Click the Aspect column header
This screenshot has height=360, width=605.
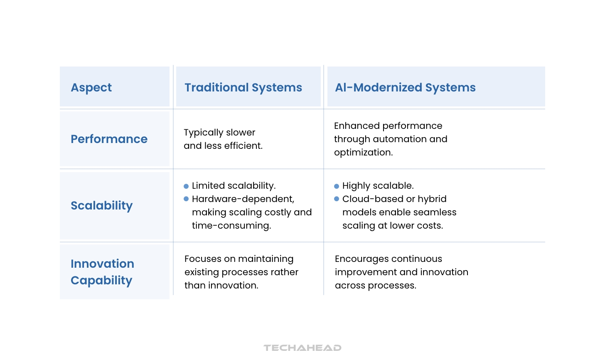[91, 87]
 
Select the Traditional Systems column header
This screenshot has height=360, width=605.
[243, 87]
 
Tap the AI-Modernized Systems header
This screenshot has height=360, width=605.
[405, 87]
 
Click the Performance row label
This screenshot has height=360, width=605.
[109, 139]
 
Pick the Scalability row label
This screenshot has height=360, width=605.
[101, 205]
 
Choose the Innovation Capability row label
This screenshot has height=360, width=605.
[102, 272]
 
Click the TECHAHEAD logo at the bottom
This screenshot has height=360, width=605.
[302, 348]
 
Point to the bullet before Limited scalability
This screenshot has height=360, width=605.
[186, 186]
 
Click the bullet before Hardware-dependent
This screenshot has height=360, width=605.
[186, 199]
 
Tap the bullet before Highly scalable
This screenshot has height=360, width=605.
[337, 186]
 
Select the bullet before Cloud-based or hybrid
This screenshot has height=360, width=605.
[337, 199]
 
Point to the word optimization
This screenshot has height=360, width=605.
[363, 153]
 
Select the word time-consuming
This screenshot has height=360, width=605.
[231, 226]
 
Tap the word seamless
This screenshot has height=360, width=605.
[437, 212]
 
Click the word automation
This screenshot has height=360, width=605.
[400, 139]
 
